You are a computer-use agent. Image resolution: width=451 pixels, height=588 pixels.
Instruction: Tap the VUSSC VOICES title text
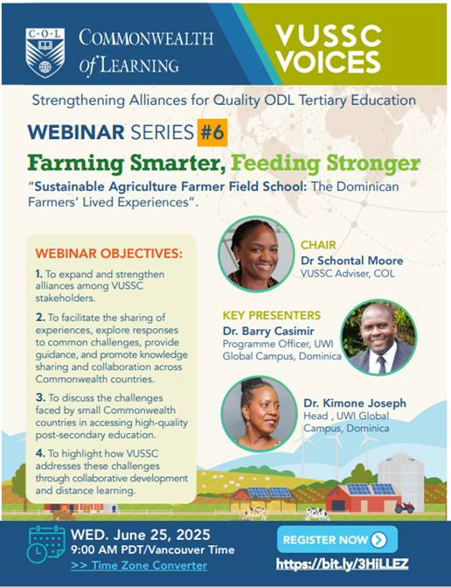(328, 49)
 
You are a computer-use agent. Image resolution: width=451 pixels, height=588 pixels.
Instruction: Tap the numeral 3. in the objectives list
(41, 395)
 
